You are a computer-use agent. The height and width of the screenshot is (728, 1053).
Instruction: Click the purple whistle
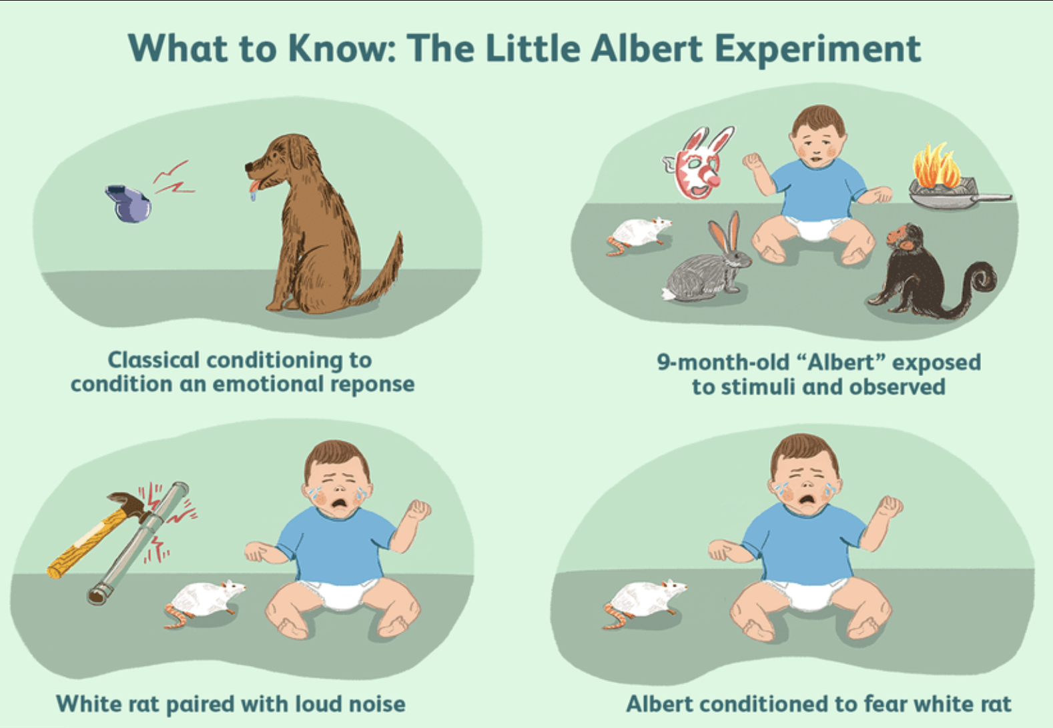coord(128,204)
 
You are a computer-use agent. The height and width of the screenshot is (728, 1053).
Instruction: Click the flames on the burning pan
coord(936,165)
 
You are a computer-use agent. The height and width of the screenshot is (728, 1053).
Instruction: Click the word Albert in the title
coord(647,49)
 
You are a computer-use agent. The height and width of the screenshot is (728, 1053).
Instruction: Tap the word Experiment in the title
coord(817,51)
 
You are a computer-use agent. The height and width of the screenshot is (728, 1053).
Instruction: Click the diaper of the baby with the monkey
coord(815,228)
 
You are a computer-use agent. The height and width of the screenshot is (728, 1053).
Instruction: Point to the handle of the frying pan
coord(992,198)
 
